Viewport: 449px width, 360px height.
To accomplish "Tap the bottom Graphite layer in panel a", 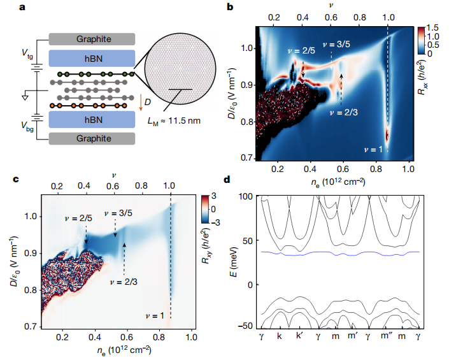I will tap(93, 139).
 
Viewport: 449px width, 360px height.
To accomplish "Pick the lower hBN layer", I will tap(93, 119).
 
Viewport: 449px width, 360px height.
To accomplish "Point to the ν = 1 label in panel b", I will tap(374, 149).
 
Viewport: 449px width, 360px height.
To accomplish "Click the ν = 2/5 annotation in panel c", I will tap(81, 219).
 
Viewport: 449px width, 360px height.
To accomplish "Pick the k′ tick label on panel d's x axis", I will tap(299, 336).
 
